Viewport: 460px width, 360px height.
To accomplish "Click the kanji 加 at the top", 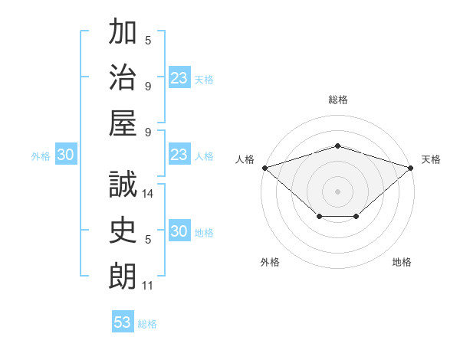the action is (x=123, y=31).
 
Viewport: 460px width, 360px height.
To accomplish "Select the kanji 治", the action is (x=123, y=77).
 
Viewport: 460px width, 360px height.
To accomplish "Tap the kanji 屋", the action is (x=123, y=123).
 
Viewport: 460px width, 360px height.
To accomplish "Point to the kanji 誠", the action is (x=123, y=184).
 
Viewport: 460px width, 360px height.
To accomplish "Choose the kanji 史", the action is (x=123, y=230).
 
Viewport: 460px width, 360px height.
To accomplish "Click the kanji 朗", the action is (x=123, y=276).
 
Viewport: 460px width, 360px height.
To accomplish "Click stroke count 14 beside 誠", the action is (x=147, y=194).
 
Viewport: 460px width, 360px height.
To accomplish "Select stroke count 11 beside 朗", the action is (x=147, y=286).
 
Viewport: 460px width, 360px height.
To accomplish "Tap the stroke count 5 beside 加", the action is (x=148, y=40).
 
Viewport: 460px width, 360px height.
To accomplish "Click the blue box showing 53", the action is (x=123, y=321).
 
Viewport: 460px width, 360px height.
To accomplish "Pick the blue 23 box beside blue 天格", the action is (x=179, y=77).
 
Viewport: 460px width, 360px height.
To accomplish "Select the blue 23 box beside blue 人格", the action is (x=179, y=154).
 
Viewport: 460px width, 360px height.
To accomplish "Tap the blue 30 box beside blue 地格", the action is (x=179, y=230).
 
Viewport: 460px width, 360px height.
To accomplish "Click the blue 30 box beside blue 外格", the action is (x=66, y=154).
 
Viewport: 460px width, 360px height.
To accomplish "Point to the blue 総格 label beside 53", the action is (x=147, y=324).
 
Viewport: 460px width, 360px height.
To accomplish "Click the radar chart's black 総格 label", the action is (x=338, y=100).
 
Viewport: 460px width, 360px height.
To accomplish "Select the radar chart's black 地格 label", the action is (x=402, y=262).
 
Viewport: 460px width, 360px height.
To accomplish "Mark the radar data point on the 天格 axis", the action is (x=411, y=168).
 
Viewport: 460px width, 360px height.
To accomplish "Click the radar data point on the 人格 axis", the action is (x=265, y=168).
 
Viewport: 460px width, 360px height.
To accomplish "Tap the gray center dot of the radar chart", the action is (x=337, y=191).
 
